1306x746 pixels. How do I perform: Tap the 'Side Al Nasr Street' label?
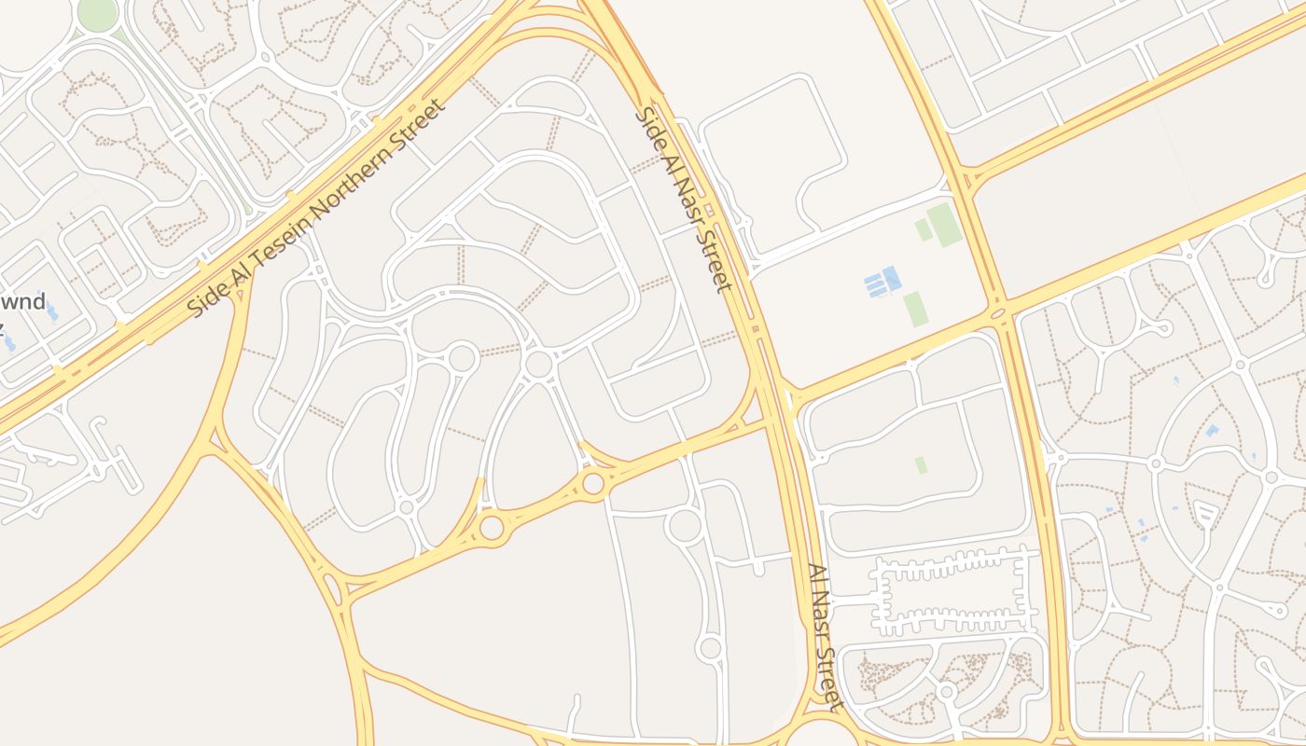(x=685, y=200)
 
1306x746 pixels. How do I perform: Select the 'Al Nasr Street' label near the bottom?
(x=825, y=636)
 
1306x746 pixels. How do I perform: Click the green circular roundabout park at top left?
(x=97, y=13)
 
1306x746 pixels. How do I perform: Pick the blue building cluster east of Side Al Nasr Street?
(x=882, y=282)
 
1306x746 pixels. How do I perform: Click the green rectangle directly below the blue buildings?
(x=915, y=309)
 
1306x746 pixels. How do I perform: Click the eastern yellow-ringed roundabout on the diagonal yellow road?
(x=592, y=483)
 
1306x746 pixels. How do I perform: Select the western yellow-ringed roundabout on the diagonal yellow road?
(x=492, y=528)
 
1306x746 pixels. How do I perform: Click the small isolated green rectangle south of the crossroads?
(x=921, y=464)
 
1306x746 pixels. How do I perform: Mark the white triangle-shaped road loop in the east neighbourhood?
(x=1205, y=513)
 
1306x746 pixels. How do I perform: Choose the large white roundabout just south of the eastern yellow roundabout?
(x=685, y=525)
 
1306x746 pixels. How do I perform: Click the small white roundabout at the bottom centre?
(x=710, y=647)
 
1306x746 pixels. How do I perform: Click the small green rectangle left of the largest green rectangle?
(x=923, y=229)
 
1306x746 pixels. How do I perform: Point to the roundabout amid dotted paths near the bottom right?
(x=947, y=691)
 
